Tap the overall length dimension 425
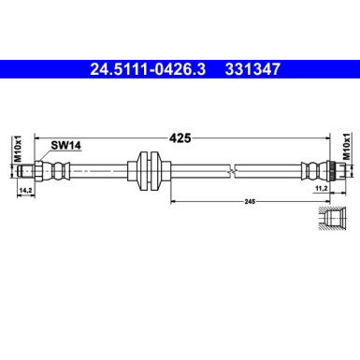click(180, 137)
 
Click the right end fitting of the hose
click(318, 170)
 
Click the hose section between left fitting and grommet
click(103, 170)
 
